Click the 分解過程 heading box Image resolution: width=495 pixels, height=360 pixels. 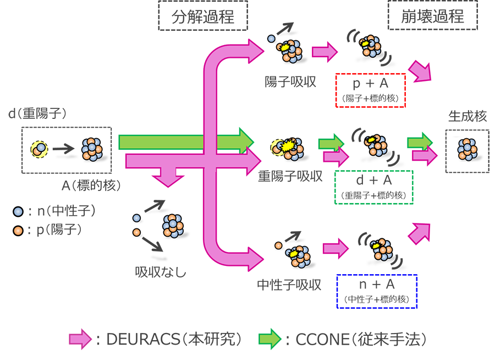203,16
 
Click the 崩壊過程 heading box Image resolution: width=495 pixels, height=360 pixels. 432,15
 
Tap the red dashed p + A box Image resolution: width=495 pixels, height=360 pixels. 370,90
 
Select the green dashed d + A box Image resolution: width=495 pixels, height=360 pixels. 374,187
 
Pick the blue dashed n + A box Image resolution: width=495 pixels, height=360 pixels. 377,291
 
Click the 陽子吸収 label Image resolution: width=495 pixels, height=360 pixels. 290,82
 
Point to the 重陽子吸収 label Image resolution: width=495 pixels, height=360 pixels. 290,176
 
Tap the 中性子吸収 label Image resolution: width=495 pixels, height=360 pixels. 289,285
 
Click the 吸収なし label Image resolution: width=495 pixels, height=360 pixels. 161,272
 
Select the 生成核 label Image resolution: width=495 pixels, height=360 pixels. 467,116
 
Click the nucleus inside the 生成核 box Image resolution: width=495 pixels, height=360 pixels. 467,150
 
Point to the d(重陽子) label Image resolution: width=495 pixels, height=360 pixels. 37,113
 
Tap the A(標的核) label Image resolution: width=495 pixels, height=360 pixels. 91,185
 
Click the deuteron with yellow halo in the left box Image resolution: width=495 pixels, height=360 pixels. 39,149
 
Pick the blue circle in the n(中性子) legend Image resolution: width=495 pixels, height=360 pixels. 18,211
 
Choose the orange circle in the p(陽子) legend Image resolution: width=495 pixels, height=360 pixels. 18,231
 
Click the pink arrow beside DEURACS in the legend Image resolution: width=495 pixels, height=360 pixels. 80,339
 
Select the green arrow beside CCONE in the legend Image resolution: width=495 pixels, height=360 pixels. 269,339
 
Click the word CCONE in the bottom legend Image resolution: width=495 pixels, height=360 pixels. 322,340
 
